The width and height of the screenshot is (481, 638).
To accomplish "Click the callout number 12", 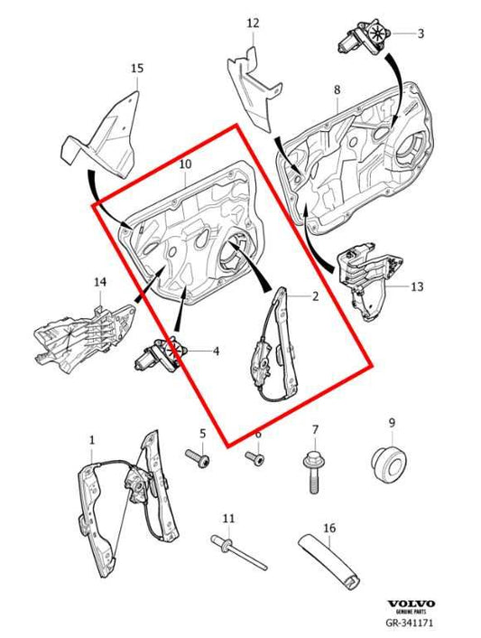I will tap(253, 23).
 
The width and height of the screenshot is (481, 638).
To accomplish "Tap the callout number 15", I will tap(137, 68).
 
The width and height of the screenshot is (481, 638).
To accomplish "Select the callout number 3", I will tap(420, 34).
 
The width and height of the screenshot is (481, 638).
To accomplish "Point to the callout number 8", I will tap(337, 90).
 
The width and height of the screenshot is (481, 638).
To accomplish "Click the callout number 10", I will tap(185, 164).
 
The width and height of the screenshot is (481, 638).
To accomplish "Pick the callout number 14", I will tap(100, 283).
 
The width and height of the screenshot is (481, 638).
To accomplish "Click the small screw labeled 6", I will tap(255, 460).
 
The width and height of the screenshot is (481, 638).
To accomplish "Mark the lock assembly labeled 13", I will tap(367, 277).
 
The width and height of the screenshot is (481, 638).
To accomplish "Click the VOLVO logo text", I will tap(411, 604).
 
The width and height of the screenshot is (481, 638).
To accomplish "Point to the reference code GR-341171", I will tap(411, 624).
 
